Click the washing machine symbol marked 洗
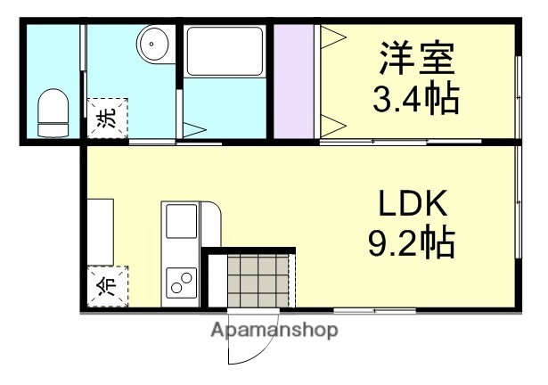click(x=107, y=120)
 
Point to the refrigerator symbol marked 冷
click(x=107, y=284)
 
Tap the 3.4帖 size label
click(x=415, y=98)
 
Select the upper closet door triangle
click(x=330, y=37)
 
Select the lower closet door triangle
click(x=330, y=121)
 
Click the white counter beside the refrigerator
click(x=100, y=232)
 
